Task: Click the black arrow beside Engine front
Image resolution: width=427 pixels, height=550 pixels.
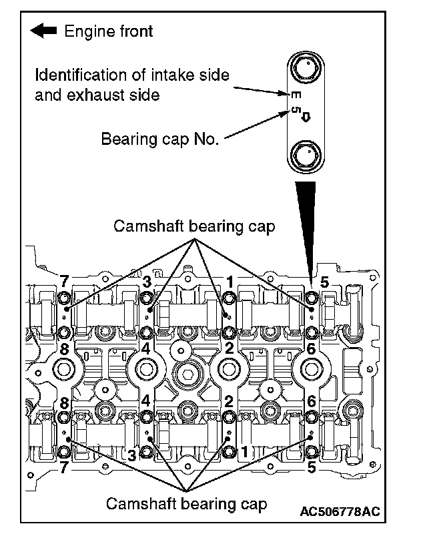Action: tap(45, 31)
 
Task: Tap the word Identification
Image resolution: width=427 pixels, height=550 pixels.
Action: tap(77, 74)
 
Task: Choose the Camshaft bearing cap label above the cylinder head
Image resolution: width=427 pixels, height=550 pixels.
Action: tap(194, 226)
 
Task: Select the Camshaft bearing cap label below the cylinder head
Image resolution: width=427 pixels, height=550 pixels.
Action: tap(187, 503)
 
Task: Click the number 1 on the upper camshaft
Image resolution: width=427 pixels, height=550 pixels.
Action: tap(230, 281)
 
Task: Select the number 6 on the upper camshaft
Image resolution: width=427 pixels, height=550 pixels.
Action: tap(311, 349)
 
